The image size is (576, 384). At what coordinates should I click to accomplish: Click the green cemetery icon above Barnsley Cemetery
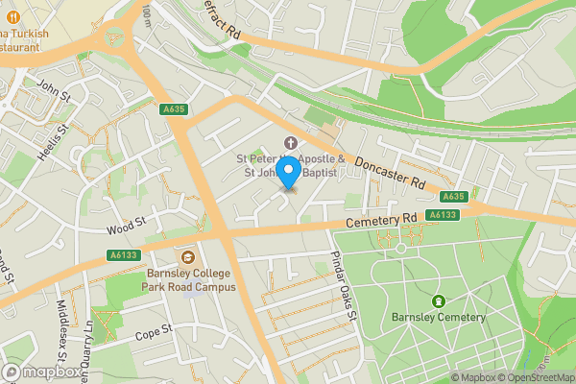(x=439, y=300)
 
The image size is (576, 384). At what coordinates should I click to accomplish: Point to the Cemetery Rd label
(x=382, y=222)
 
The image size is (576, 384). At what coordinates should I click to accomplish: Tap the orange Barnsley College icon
(x=189, y=256)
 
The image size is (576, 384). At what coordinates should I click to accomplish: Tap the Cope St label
(x=152, y=330)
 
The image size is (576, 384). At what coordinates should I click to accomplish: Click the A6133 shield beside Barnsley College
(x=122, y=255)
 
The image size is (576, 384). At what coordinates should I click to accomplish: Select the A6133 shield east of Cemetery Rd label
(x=441, y=215)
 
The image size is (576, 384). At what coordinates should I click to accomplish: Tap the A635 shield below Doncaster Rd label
(x=455, y=197)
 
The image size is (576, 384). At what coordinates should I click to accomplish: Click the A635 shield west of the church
(x=174, y=110)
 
